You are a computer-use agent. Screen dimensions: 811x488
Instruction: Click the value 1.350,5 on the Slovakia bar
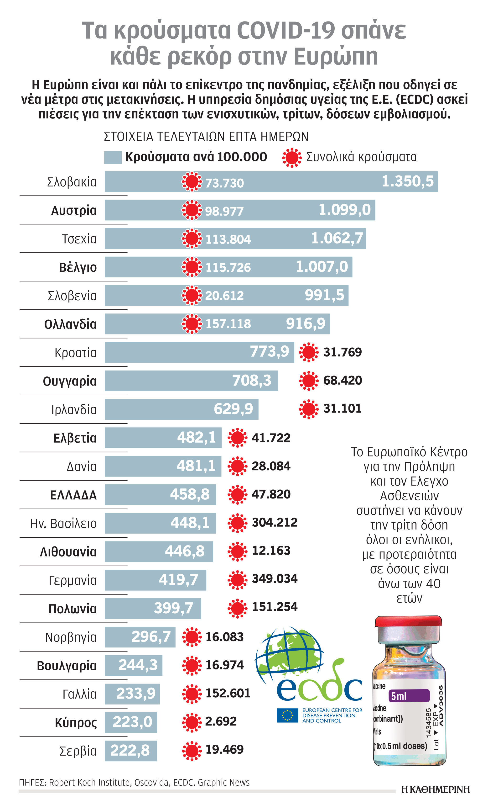click(x=407, y=181)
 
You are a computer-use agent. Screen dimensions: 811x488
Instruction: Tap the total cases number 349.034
click(x=275, y=579)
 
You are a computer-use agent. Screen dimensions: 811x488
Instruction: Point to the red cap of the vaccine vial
click(x=408, y=622)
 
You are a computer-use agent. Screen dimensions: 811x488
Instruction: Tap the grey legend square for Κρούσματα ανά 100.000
click(x=113, y=158)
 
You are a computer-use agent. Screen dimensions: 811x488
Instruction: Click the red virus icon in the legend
click(x=292, y=158)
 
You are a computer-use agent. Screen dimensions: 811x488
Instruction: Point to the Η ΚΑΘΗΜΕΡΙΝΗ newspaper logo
click(x=435, y=789)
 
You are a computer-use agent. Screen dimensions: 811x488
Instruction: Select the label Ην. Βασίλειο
click(x=63, y=523)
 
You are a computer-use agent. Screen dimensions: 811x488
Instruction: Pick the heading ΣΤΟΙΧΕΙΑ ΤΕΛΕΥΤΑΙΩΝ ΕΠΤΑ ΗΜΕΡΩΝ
click(x=206, y=137)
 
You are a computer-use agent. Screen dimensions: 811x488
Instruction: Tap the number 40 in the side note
click(x=433, y=583)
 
